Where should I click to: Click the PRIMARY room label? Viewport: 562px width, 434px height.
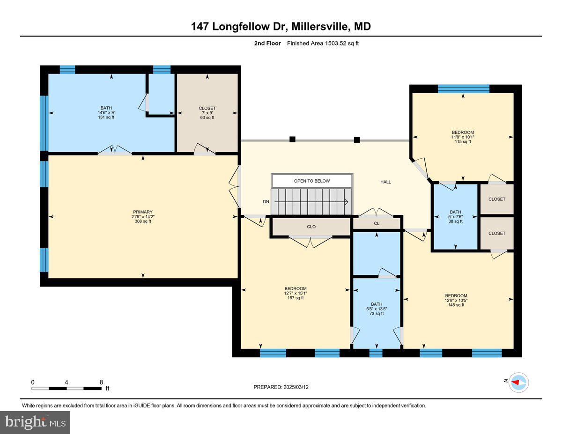pyautogui.click(x=143, y=212)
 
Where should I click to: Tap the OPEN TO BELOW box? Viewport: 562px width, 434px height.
pyautogui.click(x=311, y=181)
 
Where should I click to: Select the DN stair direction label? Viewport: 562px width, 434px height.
pyautogui.click(x=266, y=202)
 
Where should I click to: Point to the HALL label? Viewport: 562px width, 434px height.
pyautogui.click(x=385, y=182)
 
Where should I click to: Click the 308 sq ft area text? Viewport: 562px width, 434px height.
pyautogui.click(x=143, y=221)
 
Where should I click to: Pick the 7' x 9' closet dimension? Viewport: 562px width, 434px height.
pyautogui.click(x=207, y=113)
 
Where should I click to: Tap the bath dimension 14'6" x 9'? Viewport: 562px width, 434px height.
pyautogui.click(x=106, y=113)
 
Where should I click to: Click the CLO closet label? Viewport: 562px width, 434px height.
pyautogui.click(x=311, y=227)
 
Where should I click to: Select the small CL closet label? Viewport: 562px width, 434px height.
pyautogui.click(x=377, y=223)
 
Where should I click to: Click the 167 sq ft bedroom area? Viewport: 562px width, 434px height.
pyautogui.click(x=296, y=298)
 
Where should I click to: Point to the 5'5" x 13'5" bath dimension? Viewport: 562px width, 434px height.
pyautogui.click(x=377, y=309)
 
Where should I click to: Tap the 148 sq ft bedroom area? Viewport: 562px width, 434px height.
pyautogui.click(x=456, y=305)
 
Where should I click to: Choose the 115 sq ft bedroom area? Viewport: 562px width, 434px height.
pyautogui.click(x=463, y=142)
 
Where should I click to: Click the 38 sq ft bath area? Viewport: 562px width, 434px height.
pyautogui.click(x=455, y=221)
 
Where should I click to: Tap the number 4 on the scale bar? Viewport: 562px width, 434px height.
pyautogui.click(x=67, y=382)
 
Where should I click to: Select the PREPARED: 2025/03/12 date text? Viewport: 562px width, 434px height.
pyautogui.click(x=281, y=387)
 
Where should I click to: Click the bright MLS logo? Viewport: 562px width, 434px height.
pyautogui.click(x=35, y=423)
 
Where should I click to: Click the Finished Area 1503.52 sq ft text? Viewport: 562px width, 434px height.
pyautogui.click(x=323, y=44)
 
